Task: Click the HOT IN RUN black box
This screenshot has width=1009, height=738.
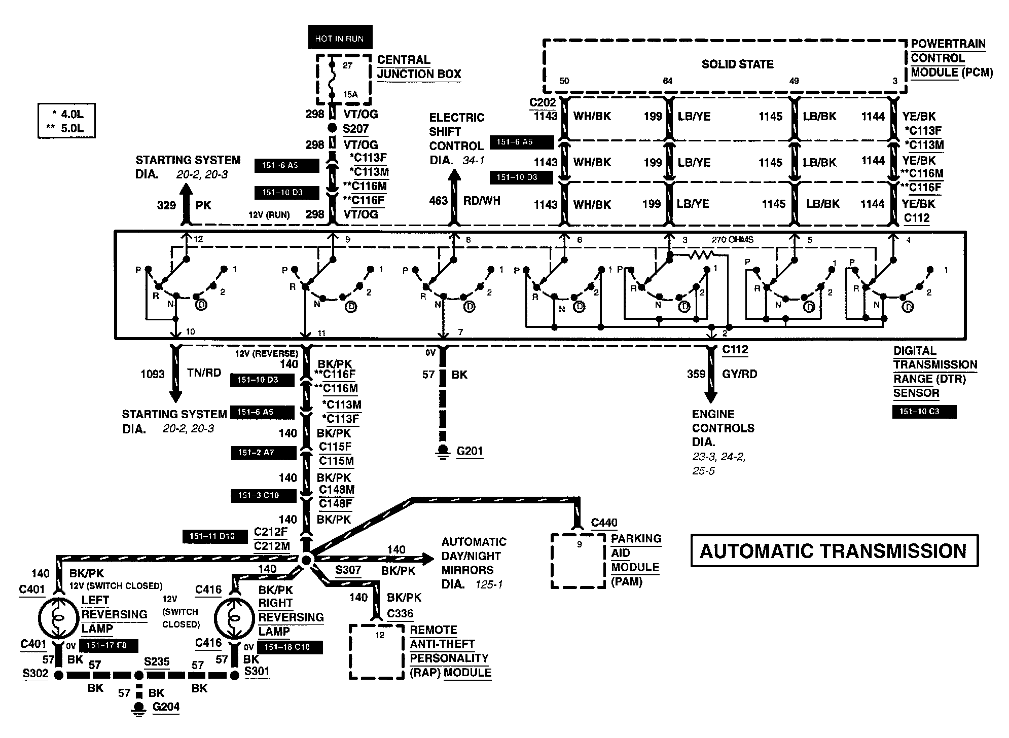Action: pyautogui.click(x=340, y=38)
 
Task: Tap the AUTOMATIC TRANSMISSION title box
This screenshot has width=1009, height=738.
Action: pyautogui.click(x=834, y=550)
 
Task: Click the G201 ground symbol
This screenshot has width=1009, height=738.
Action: pyautogui.click(x=444, y=451)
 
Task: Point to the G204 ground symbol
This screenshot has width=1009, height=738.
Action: pyautogui.click(x=138, y=708)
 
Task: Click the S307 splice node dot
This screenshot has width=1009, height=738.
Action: pyautogui.click(x=306, y=560)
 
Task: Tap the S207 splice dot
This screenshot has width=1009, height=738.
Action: pyautogui.click(x=333, y=129)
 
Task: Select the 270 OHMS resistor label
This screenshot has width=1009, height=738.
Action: pyautogui.click(x=733, y=240)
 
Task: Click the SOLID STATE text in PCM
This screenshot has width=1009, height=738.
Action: pyautogui.click(x=737, y=64)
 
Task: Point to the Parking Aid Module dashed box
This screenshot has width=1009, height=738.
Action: pyautogui.click(x=578, y=561)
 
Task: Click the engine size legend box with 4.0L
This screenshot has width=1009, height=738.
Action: pyautogui.click(x=66, y=121)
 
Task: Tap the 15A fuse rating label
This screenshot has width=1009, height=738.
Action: pyautogui.click(x=350, y=95)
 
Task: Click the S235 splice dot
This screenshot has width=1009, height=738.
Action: pyautogui.click(x=138, y=675)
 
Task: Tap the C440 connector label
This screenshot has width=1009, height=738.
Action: pyautogui.click(x=604, y=523)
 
